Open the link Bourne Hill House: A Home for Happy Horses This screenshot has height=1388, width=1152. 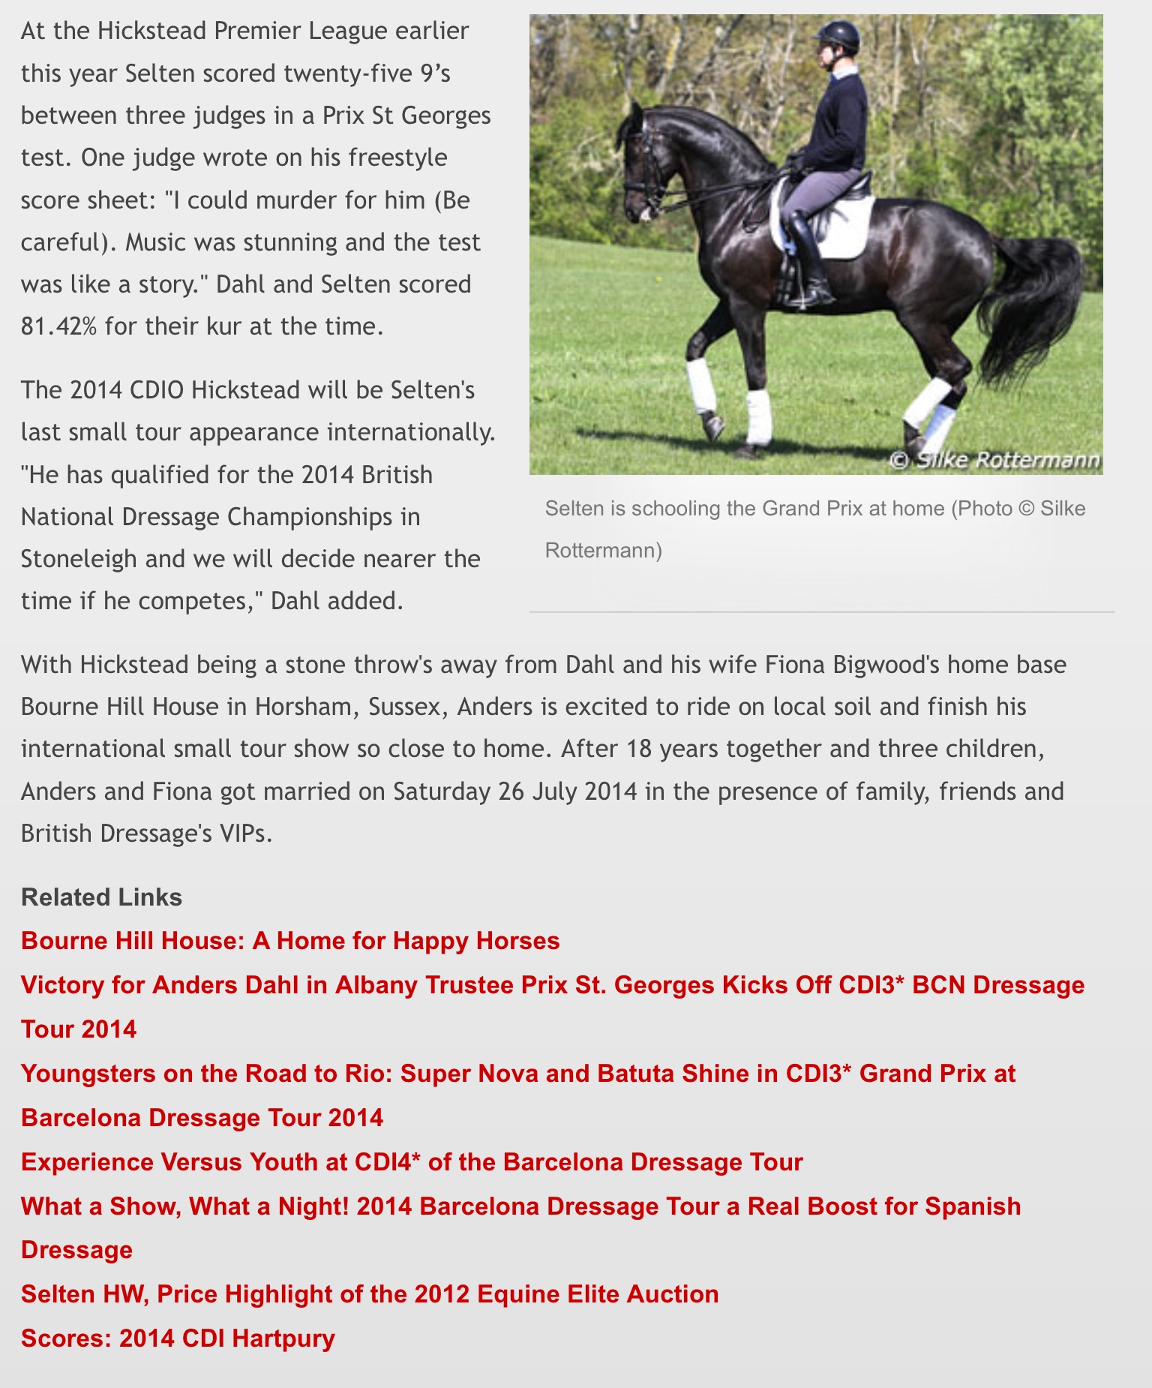pos(290,941)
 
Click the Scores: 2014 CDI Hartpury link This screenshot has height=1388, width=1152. pos(178,1338)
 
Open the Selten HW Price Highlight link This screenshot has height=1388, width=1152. pos(370,1294)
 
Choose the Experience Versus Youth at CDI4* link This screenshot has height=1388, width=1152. pos(412,1162)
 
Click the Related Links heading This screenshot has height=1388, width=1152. pos(101,897)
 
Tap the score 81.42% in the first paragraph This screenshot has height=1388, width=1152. pos(58,326)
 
